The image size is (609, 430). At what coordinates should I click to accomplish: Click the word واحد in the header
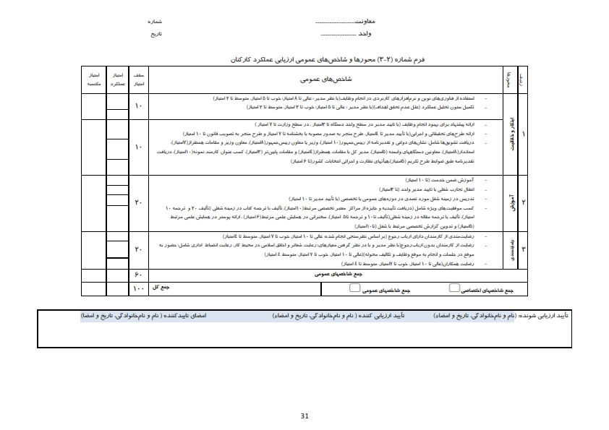pos(365,33)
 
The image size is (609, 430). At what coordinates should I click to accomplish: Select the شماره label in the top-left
pos(155,23)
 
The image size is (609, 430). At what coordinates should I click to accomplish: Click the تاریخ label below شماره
pos(156,33)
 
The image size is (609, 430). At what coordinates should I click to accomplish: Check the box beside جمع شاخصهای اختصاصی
pos(454,288)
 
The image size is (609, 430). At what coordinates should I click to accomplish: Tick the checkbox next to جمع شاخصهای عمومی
pos(355,288)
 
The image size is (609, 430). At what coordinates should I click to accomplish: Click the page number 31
pos(304,415)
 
